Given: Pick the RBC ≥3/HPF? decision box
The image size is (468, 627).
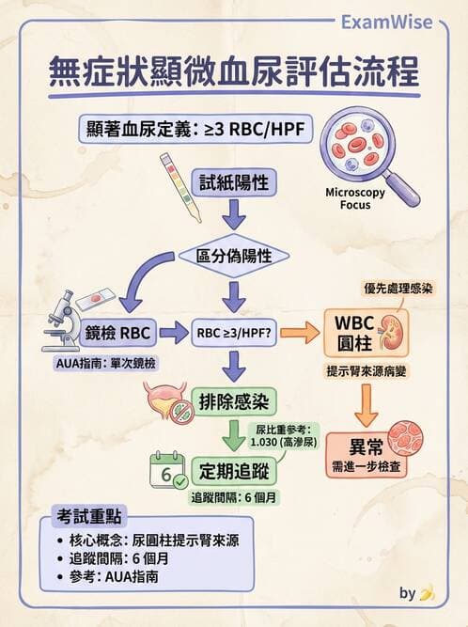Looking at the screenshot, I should coord(234,332).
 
